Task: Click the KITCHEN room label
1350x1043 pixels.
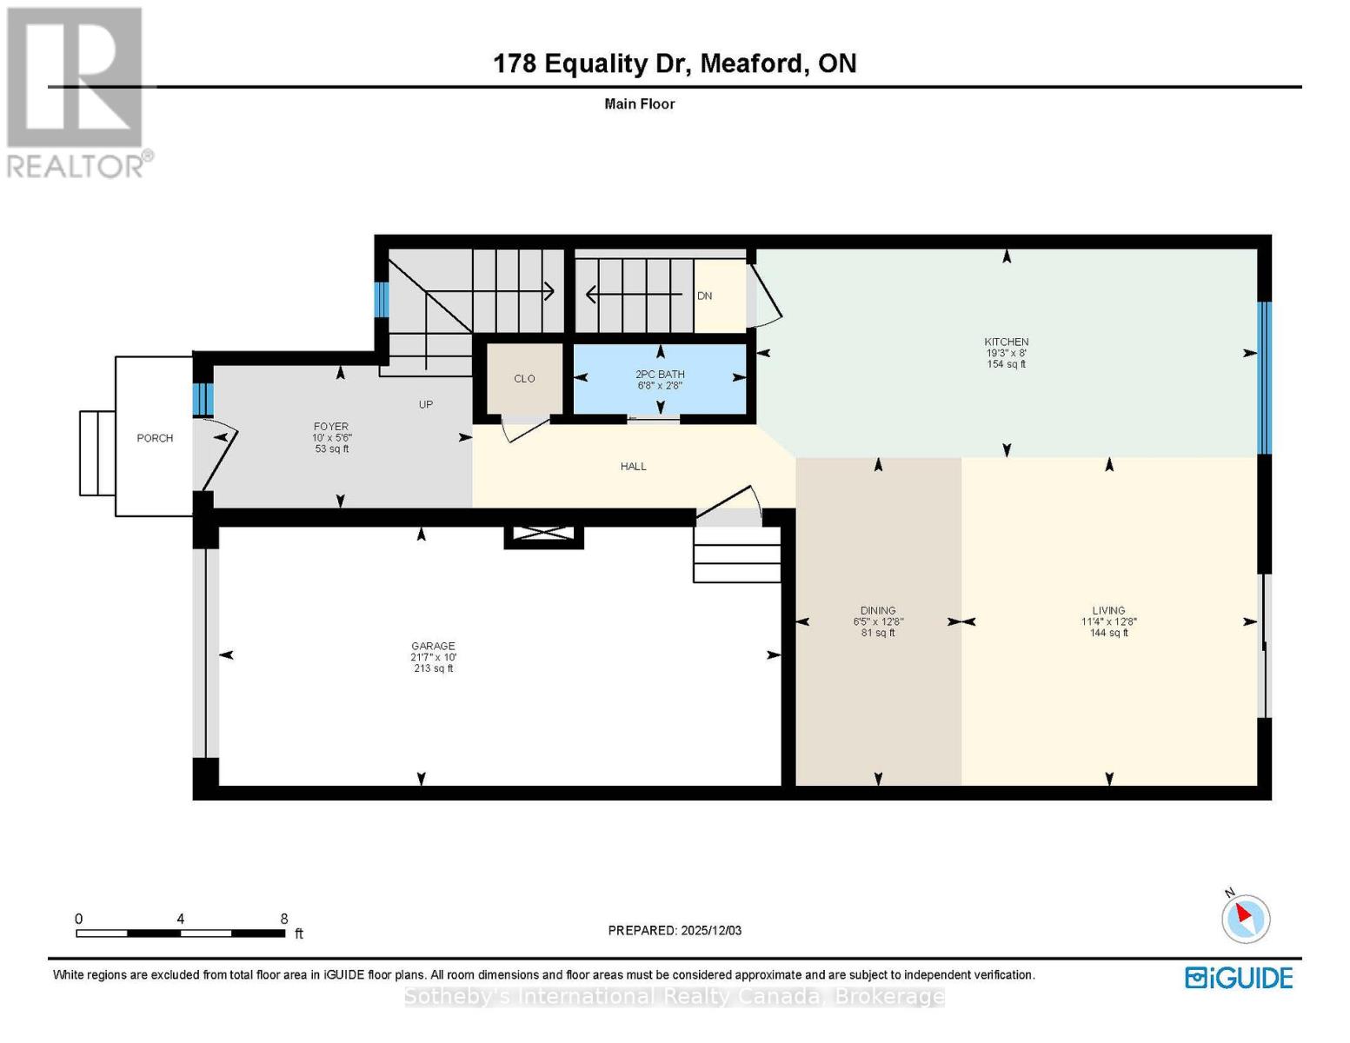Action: pyautogui.click(x=1006, y=342)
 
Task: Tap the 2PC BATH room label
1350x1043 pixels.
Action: pyautogui.click(x=660, y=375)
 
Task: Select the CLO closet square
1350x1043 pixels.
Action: pyautogui.click(x=523, y=379)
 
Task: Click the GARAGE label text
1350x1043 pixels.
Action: pyautogui.click(x=433, y=646)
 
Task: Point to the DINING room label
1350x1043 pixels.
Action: pyautogui.click(x=878, y=611)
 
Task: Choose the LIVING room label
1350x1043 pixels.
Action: pyautogui.click(x=1108, y=611)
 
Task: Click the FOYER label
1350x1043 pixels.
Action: pyautogui.click(x=331, y=427)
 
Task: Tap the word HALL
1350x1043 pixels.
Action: pyautogui.click(x=633, y=467)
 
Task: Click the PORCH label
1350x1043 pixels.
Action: pyautogui.click(x=155, y=438)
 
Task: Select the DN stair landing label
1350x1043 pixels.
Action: pyautogui.click(x=704, y=296)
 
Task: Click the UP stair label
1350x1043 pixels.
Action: pyautogui.click(x=425, y=404)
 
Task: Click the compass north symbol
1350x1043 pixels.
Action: pyautogui.click(x=1245, y=918)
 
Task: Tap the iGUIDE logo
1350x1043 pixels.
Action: pyautogui.click(x=1239, y=978)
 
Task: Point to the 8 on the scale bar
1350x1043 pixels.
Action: pyautogui.click(x=284, y=919)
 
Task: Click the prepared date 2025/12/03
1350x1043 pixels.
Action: pyautogui.click(x=710, y=930)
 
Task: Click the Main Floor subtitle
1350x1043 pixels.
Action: pyautogui.click(x=639, y=104)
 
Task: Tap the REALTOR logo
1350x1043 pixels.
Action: pyautogui.click(x=76, y=91)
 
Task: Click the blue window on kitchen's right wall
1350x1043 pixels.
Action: pyautogui.click(x=1265, y=378)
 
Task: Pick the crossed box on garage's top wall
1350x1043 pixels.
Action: pyautogui.click(x=543, y=536)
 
